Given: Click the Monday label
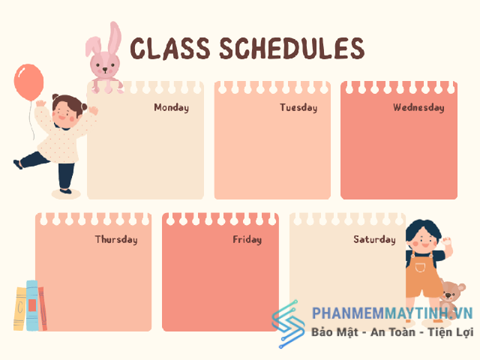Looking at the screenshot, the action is point(172,107).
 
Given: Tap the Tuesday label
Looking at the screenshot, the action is point(298,107).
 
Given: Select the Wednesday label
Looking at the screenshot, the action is point(418,107).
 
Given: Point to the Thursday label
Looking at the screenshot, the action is point(116,239).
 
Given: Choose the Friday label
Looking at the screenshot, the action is point(247,239).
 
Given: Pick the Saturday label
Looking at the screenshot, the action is point(374,239).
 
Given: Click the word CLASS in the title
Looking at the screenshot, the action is point(170,48).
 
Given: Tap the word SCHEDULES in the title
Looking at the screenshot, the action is point(292,48).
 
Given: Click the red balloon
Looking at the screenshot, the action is point(28,82).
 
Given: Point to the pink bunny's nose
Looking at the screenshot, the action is point(105,70).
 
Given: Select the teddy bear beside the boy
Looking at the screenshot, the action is point(451,296).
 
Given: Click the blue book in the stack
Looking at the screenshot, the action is point(31,305).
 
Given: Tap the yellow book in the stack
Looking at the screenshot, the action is point(20,308).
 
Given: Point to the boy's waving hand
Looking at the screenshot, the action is point(448,241).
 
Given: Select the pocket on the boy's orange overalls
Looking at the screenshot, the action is point(420,268).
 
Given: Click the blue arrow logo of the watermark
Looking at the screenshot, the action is point(288,324).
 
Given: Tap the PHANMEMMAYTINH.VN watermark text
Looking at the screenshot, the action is point(392,313).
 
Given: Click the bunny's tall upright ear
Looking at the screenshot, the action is point(115,37).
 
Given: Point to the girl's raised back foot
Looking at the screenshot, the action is point(17,164).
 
